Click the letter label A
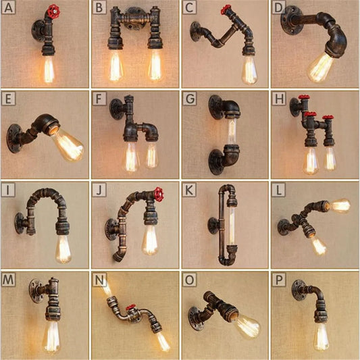coord(9,8)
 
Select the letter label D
coord(278,8)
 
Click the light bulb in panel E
coord(68,144)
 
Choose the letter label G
coord(189,99)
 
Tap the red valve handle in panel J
coord(157,193)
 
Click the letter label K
coord(189,189)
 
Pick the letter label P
coord(278,279)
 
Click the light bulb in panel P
coord(322,336)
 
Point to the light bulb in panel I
coord(63,248)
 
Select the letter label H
coord(278,99)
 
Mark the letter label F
coord(99,99)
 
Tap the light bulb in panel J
coord(149,240)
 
